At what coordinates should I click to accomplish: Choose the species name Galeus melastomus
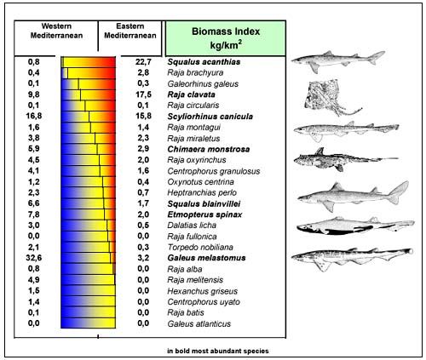coord(207,256)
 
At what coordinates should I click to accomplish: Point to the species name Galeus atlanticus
coord(199,322)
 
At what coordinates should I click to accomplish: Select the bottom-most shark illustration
coord(333,256)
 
